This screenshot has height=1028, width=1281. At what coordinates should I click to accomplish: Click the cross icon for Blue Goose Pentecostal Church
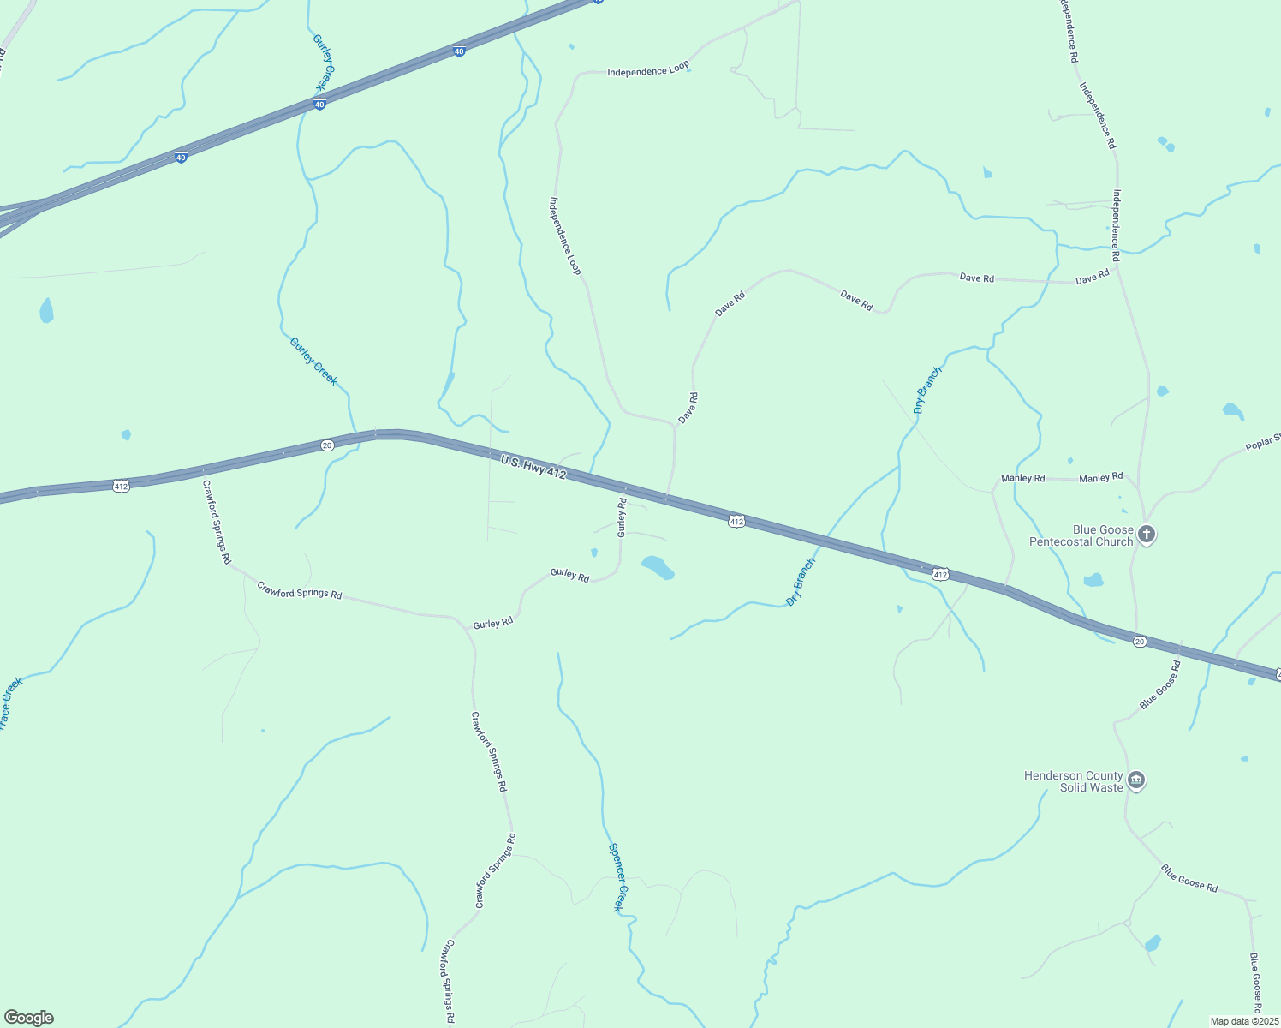[x=1147, y=535]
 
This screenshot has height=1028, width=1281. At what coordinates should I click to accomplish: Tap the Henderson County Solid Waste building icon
[x=1136, y=780]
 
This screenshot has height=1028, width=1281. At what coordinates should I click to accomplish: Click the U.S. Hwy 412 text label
[x=533, y=468]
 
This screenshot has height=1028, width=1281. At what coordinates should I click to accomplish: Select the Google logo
[x=29, y=1018]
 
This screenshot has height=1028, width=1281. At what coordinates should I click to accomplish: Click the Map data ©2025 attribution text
[x=1243, y=1021]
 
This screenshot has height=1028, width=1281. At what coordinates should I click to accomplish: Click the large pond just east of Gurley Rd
[x=658, y=567]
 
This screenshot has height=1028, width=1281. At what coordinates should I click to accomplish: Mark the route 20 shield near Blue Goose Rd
[x=1139, y=641]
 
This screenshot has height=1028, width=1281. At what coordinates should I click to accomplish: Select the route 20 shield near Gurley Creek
[x=327, y=445]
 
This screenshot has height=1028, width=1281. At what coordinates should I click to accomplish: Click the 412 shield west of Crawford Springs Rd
[x=121, y=486]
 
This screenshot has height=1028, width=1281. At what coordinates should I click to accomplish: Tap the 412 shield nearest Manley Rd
[x=940, y=574]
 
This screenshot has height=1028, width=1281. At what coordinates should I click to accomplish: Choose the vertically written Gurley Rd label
[x=623, y=517]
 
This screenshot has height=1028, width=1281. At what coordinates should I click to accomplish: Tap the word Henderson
[x=1060, y=776]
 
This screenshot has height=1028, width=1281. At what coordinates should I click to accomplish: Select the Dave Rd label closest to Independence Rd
[x=1092, y=277]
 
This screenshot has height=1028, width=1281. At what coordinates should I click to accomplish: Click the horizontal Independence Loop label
[x=648, y=70]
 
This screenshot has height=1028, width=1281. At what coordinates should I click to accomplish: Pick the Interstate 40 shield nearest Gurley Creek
[x=319, y=105]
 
